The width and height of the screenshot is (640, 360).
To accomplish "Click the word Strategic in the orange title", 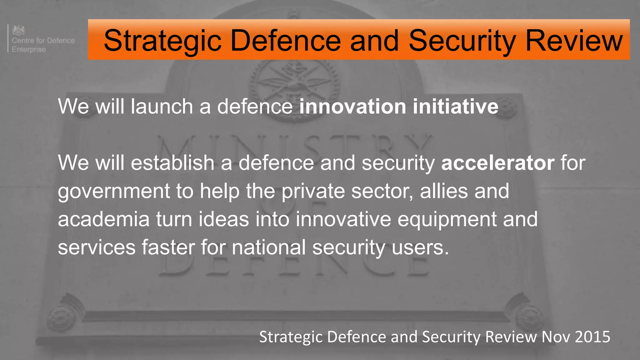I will point(162,41).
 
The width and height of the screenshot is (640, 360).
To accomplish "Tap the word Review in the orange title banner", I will point(574,41).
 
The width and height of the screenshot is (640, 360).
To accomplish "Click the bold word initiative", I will point(455,107).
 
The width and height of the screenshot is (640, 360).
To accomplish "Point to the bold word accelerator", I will point(498,163).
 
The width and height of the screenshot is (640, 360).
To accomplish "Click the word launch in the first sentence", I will point(162,107).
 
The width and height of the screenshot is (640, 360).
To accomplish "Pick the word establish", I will point(172,163).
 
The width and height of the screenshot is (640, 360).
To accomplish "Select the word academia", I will point(104,219).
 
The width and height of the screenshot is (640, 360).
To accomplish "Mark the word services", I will point(97,247).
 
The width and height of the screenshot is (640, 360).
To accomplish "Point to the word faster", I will point(168,247).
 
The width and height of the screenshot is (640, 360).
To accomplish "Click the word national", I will point(269,247).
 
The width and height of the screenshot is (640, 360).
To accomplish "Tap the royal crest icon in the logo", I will point(18,30).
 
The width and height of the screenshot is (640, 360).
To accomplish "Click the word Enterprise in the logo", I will point(29,49).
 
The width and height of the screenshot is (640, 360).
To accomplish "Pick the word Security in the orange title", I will point(462,41).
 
